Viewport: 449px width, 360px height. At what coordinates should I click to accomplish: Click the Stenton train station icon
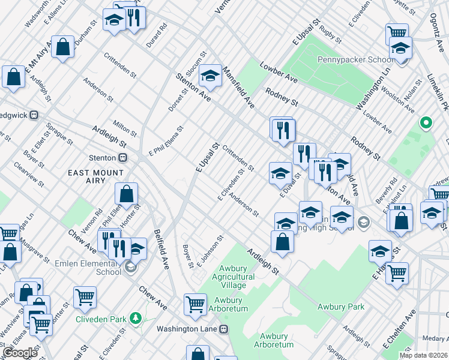[x=123, y=158]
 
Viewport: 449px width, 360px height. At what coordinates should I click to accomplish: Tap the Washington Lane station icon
[x=224, y=329]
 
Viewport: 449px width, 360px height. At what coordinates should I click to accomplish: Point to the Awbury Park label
[x=341, y=307]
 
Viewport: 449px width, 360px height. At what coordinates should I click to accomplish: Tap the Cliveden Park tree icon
[x=137, y=317]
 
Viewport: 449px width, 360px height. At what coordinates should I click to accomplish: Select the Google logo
[x=20, y=353]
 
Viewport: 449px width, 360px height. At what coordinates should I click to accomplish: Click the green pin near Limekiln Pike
[x=426, y=123]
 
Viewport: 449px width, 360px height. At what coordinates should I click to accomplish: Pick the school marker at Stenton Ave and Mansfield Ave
[x=210, y=75]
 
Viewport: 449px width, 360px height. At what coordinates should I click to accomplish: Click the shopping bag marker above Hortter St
[x=127, y=194]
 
